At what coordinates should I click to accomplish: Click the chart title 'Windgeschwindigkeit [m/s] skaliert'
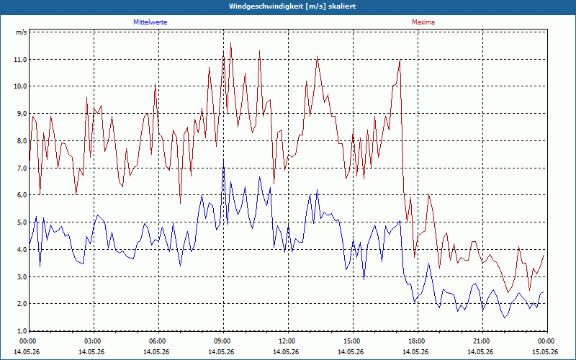click(292, 6)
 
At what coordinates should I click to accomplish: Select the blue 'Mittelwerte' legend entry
click(150, 22)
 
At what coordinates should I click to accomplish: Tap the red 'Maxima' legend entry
click(423, 22)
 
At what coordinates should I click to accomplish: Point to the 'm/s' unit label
click(21, 32)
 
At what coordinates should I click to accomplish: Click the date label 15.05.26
click(546, 351)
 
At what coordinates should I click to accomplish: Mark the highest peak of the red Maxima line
click(230, 43)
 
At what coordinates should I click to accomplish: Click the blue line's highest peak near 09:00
click(223, 160)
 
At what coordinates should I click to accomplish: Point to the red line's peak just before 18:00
click(400, 60)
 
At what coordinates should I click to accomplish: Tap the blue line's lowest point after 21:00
click(505, 318)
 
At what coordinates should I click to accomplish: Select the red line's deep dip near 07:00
click(181, 203)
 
